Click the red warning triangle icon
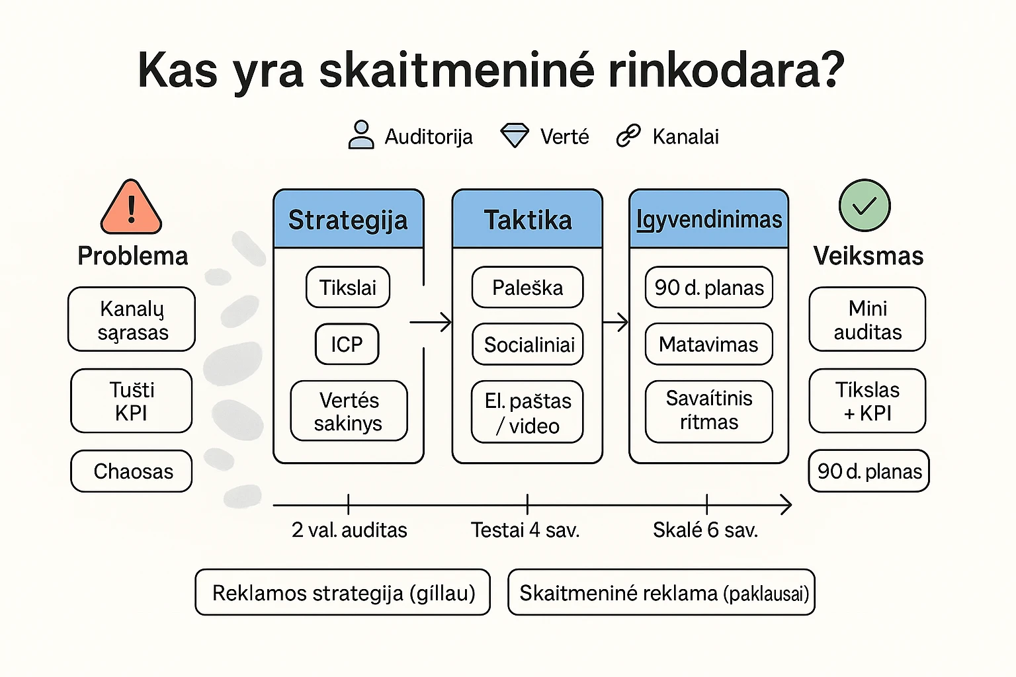[x=131, y=208]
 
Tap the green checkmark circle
[x=864, y=206]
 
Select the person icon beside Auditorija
[x=360, y=135]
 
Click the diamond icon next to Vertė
[x=514, y=136]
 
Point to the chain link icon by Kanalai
[x=628, y=136]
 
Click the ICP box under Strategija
[x=347, y=344]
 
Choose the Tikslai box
[x=347, y=287]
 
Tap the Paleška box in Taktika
[x=527, y=287]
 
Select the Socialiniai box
[x=528, y=344]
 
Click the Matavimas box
[x=708, y=344]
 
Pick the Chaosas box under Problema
[x=132, y=471]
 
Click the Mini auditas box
[x=867, y=319]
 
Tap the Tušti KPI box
[x=132, y=401]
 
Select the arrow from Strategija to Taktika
[x=431, y=323]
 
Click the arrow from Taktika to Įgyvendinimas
[x=616, y=323]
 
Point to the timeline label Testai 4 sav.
[x=525, y=530]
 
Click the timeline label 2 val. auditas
[x=349, y=530]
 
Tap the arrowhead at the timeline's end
[x=786, y=505]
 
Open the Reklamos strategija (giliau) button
[x=343, y=592]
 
